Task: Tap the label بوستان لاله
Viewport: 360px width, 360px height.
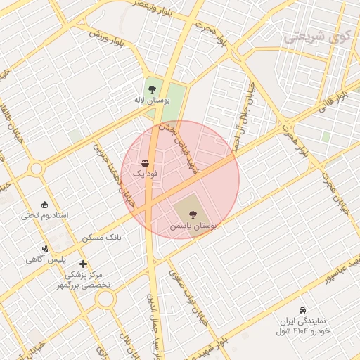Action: click(149, 101)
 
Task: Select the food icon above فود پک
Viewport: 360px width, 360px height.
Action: click(145, 163)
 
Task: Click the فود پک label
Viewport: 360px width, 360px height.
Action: click(145, 172)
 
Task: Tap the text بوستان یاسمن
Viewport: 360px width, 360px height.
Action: click(194, 227)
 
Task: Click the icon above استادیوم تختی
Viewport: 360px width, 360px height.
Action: click(46, 205)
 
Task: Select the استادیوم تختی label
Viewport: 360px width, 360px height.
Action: click(44, 215)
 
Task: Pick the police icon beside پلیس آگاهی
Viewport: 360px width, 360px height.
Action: click(46, 247)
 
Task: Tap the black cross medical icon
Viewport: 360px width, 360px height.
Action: click(84, 264)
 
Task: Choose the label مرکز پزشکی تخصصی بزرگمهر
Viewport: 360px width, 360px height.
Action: click(80, 280)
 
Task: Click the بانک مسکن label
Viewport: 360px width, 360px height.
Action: click(102, 238)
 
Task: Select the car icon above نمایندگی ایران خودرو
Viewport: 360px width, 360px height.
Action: click(302, 310)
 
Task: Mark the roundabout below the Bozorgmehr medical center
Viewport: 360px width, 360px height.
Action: click(105, 300)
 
